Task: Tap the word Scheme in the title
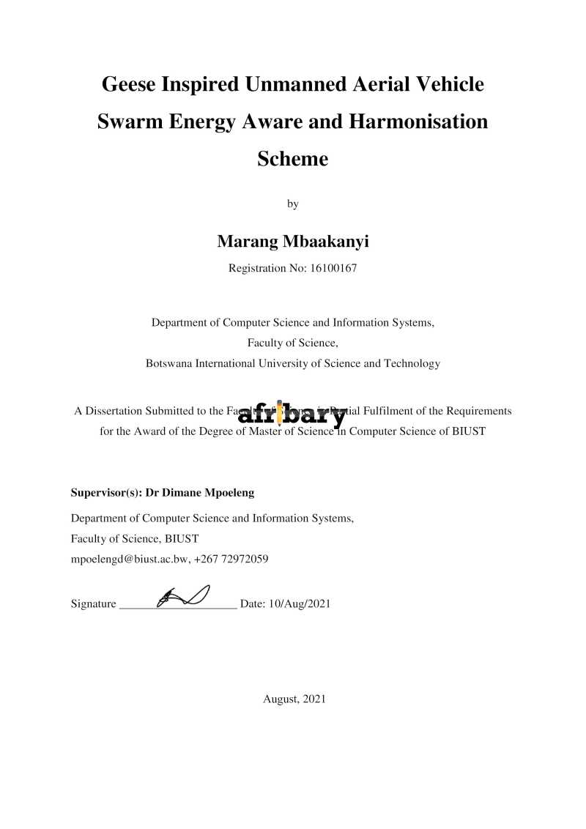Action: [292, 159]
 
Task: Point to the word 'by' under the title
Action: [292, 204]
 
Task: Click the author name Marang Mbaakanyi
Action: [292, 241]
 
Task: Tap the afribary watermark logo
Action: [292, 414]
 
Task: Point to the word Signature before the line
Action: [93, 604]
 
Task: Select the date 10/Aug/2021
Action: [300, 604]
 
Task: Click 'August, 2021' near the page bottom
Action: [294, 699]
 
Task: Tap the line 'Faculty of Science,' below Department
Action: [292, 343]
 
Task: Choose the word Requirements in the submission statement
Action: [478, 411]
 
